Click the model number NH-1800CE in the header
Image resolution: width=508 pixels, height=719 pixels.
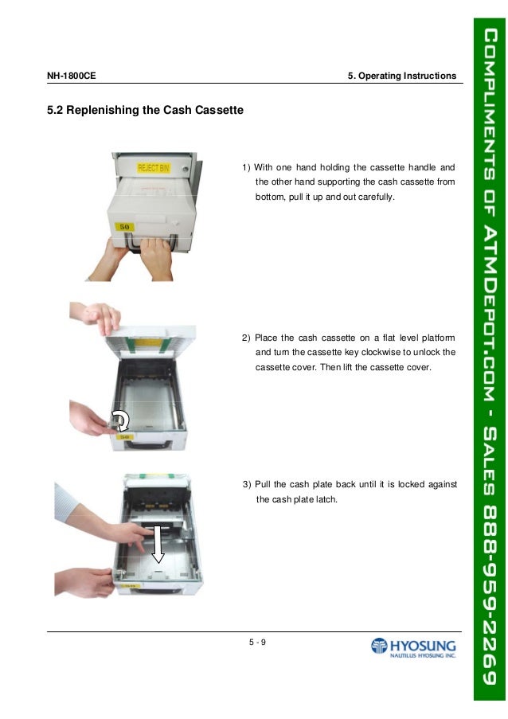point(72,76)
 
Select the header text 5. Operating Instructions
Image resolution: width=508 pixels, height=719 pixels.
point(401,76)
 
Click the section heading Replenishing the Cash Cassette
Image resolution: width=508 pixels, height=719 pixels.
point(146,109)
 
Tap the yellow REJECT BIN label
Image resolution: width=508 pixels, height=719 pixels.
point(153,168)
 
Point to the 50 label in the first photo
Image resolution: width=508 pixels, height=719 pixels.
point(125,226)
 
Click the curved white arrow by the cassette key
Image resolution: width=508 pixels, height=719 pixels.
point(120,420)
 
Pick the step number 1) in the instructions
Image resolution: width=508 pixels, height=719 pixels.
point(247,167)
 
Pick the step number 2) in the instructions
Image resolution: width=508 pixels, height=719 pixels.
point(247,338)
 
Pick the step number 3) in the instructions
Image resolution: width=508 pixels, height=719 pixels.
point(247,486)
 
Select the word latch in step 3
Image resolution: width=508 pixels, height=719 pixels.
point(328,500)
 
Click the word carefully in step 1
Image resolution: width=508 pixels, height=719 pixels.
point(374,196)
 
